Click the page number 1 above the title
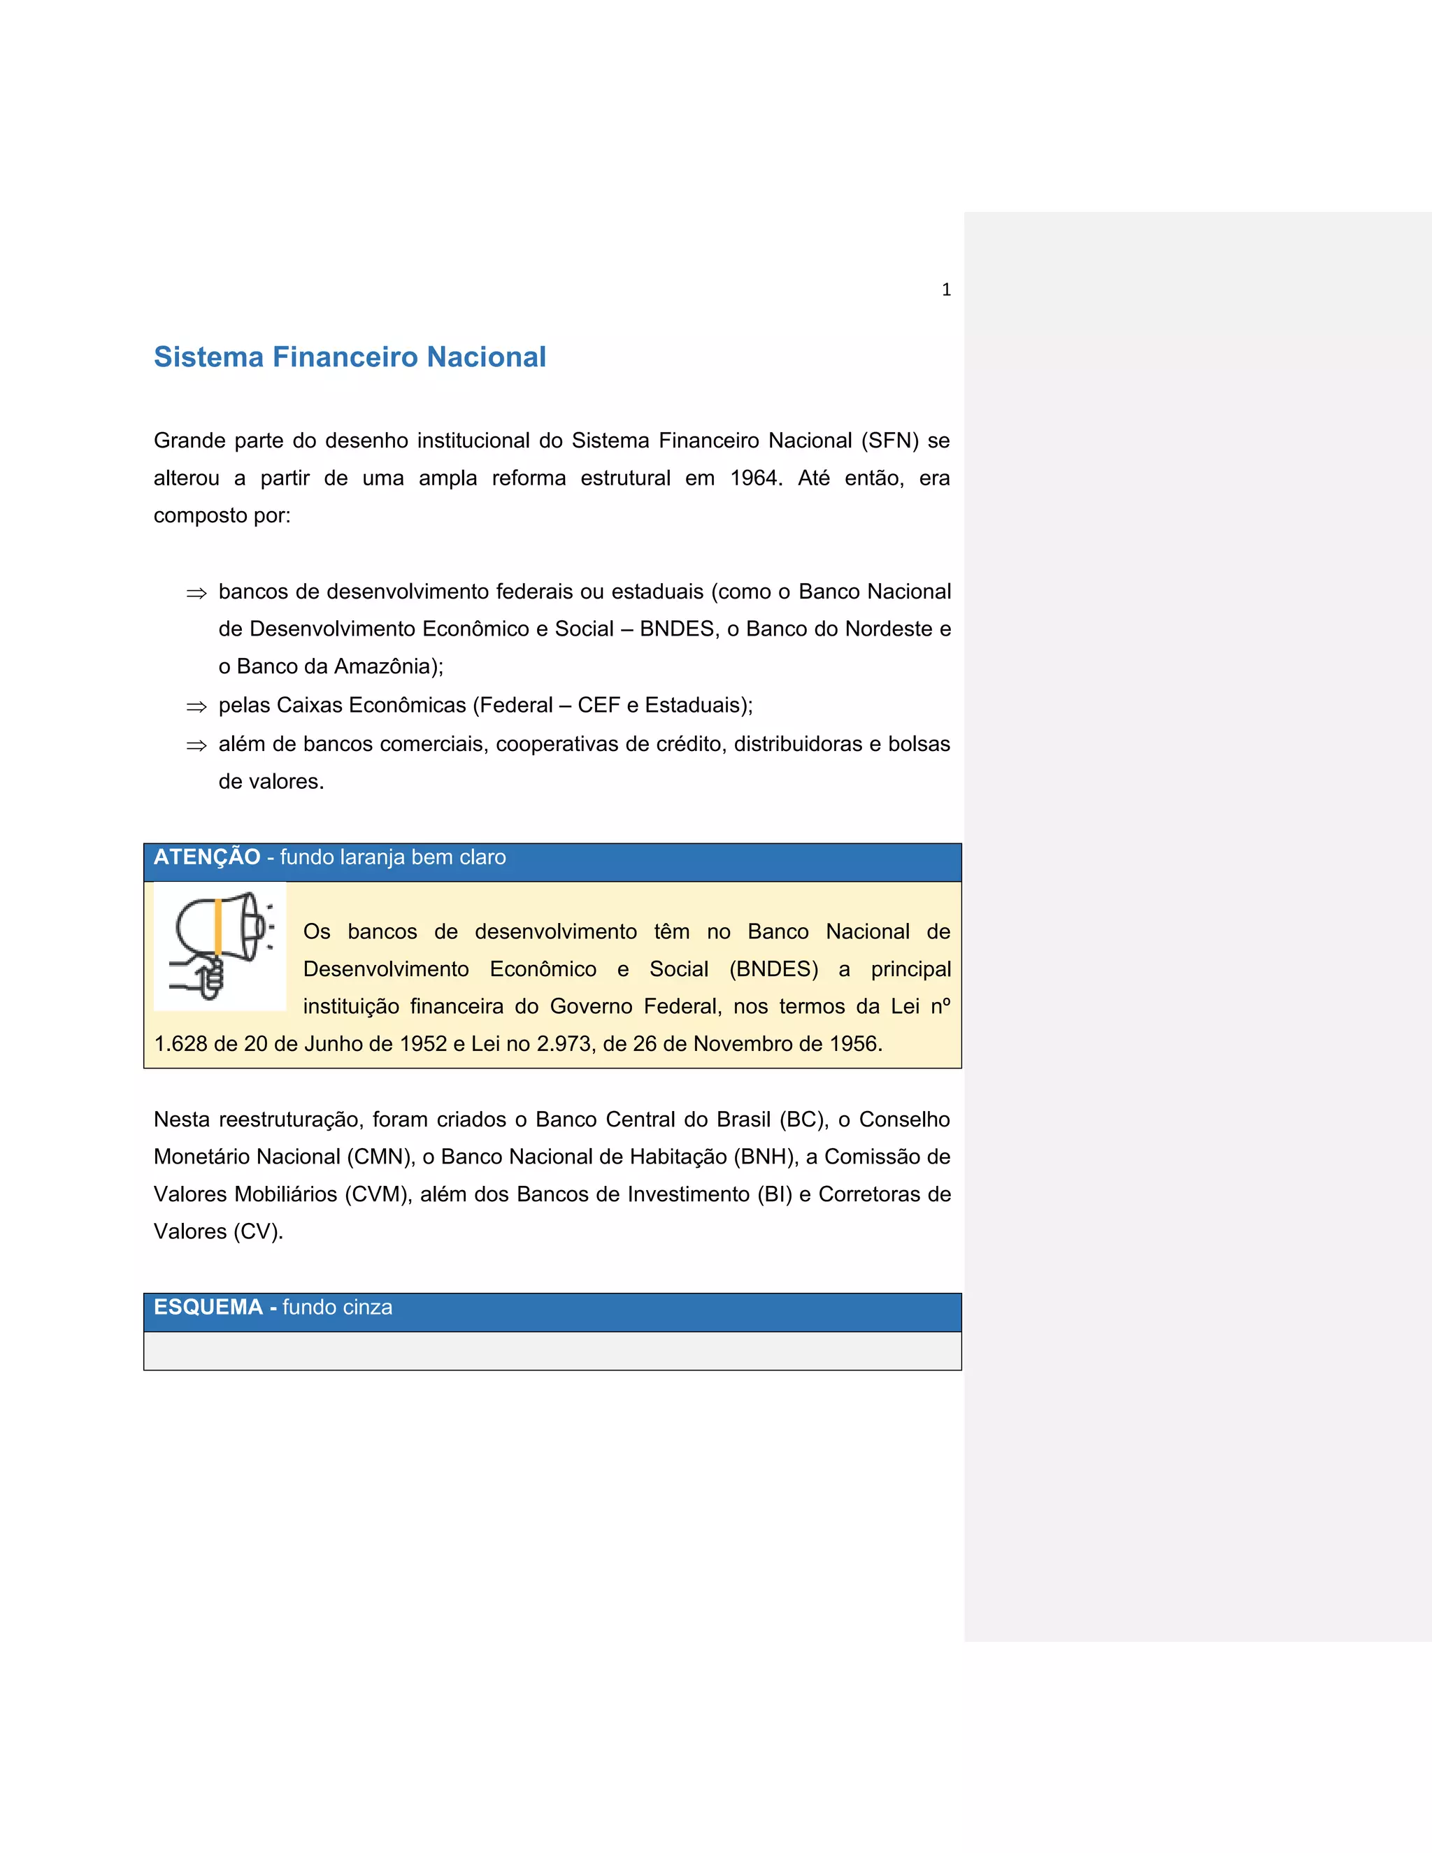946,290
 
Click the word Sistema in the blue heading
208,357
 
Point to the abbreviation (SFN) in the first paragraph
890,441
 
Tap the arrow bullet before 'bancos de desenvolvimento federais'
196,594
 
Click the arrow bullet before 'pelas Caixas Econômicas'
196,707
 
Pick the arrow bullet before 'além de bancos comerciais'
196,746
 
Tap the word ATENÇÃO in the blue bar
207,858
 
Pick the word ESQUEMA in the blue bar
208,1308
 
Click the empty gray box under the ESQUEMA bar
552,1351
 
